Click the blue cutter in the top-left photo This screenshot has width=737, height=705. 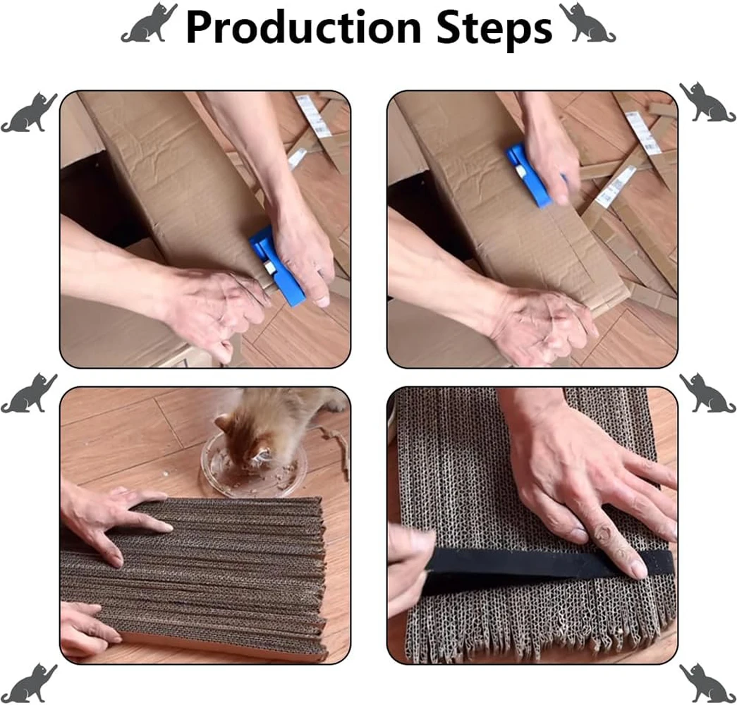[x=276, y=266]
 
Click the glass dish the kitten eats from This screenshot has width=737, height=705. [x=254, y=469]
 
